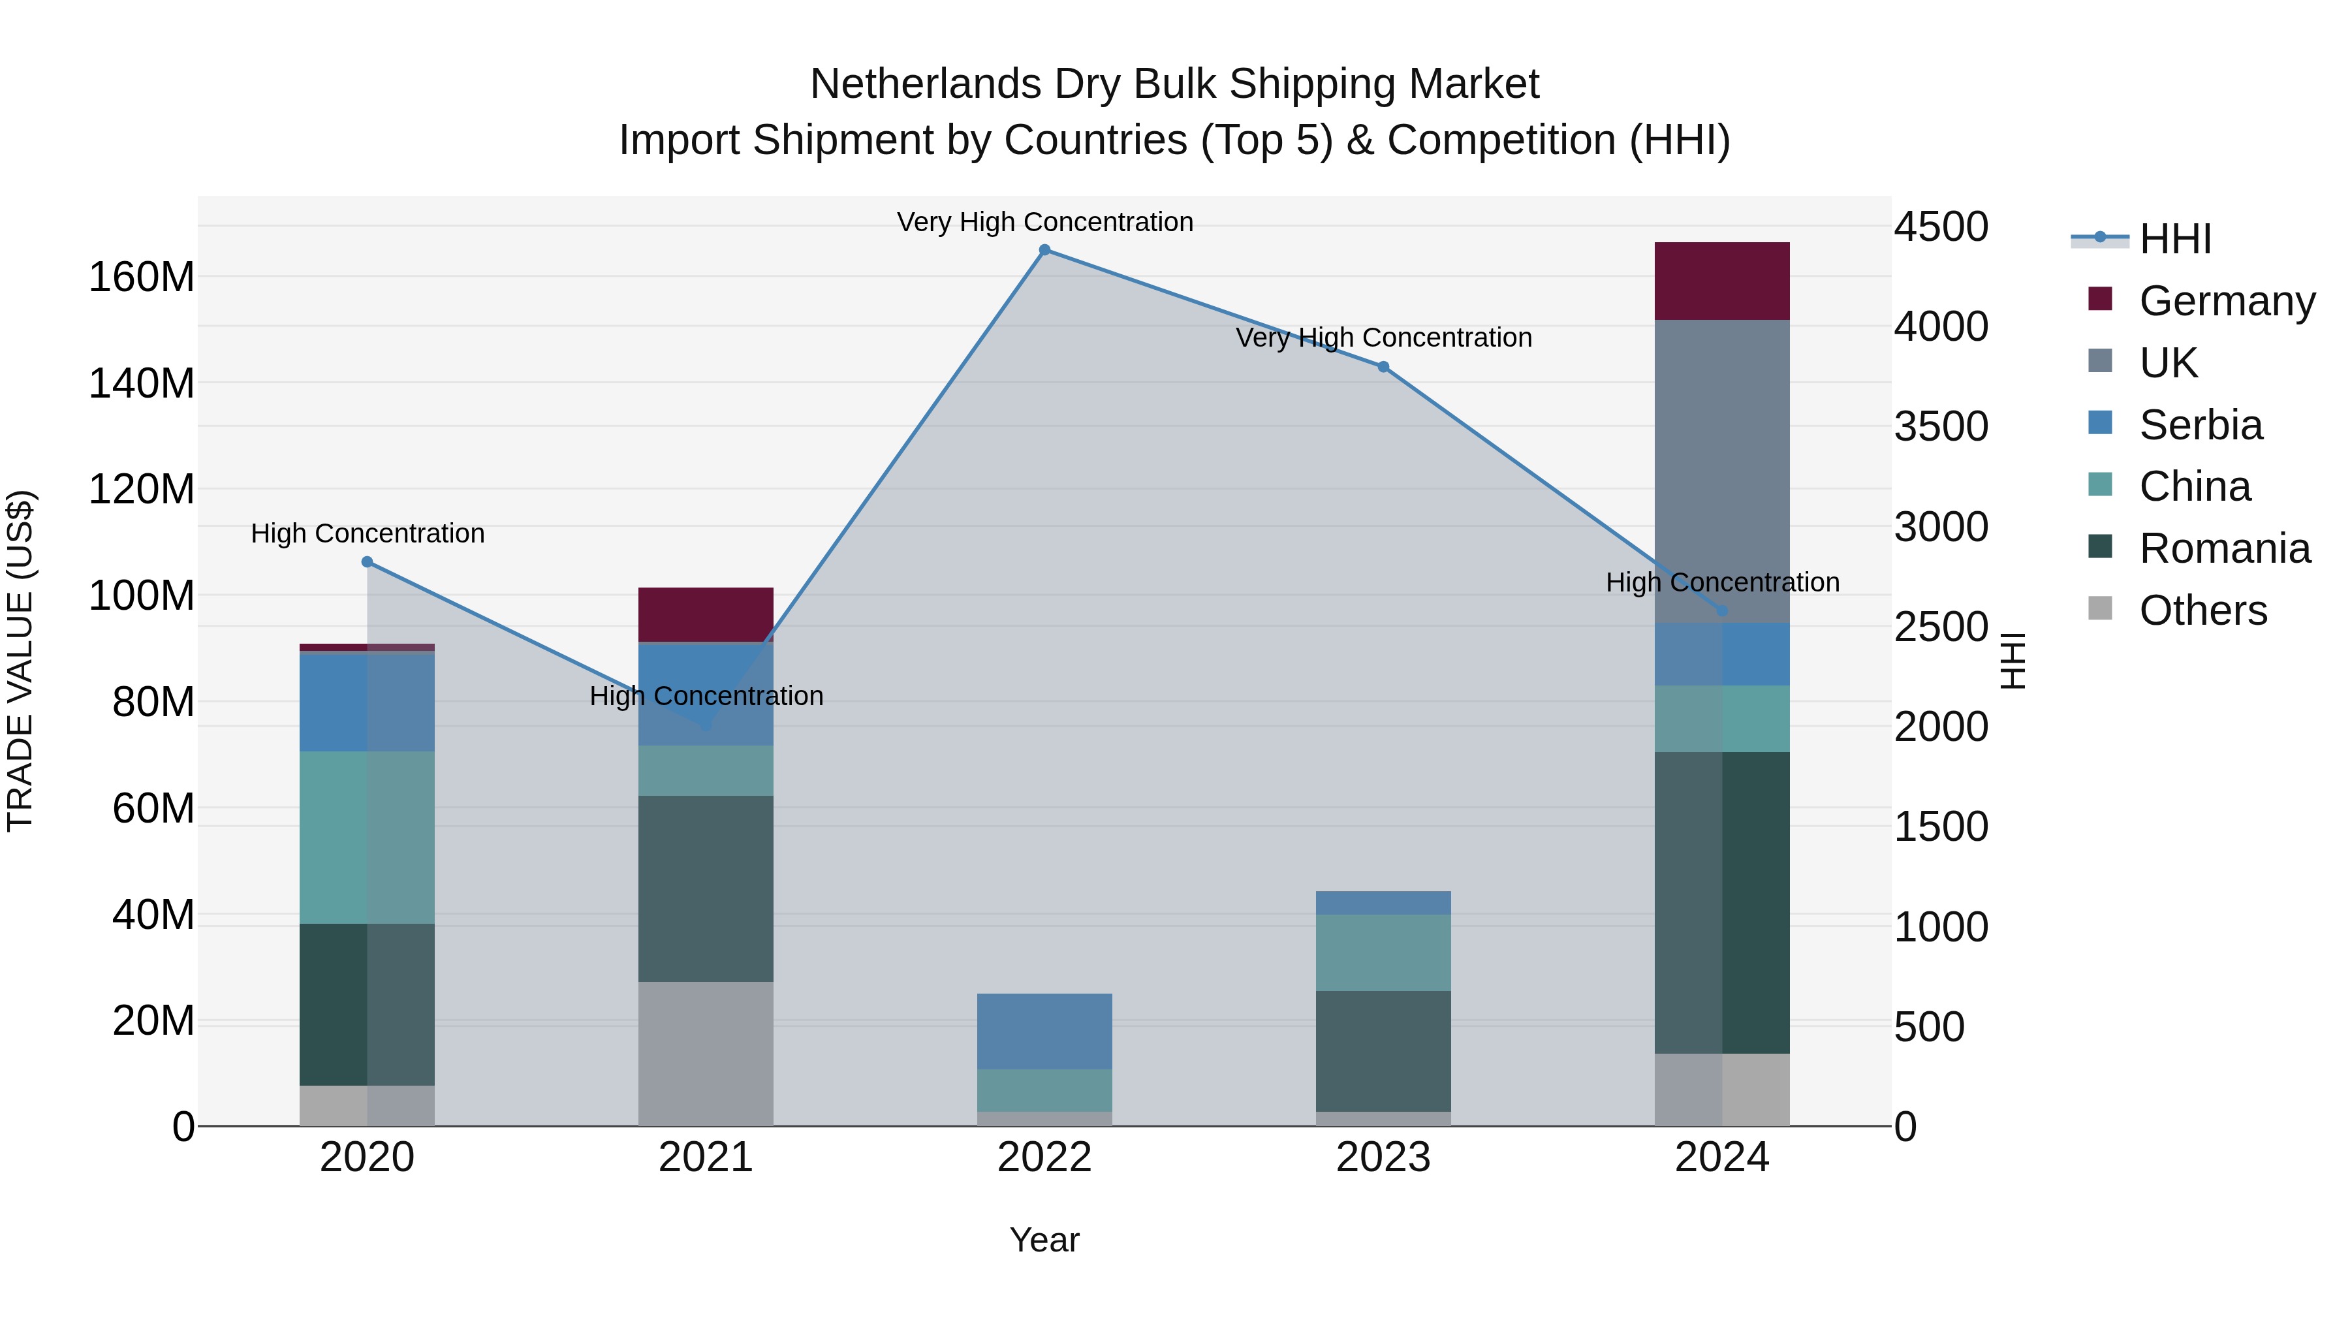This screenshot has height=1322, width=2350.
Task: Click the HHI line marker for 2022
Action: point(1044,250)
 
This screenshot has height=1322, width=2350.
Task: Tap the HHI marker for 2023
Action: point(1383,367)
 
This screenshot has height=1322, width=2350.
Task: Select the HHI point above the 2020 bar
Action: point(367,562)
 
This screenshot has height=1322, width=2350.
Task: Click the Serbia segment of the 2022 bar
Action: point(1044,1031)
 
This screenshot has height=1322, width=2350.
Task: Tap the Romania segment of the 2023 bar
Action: point(1383,1051)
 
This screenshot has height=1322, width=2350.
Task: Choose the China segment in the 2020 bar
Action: point(367,838)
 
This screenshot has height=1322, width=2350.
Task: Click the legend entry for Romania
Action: point(2223,549)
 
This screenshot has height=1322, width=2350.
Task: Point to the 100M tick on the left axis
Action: point(142,596)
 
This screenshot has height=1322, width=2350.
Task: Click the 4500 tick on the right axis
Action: point(1941,227)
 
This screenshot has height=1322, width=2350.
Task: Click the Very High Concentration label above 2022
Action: point(1044,222)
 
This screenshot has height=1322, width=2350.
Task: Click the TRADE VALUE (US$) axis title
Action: point(20,661)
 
